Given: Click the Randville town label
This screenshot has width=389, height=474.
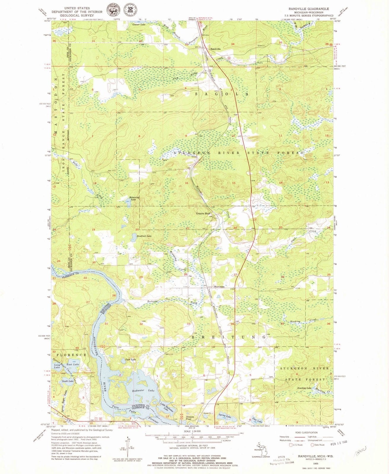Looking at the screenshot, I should click(x=216, y=49).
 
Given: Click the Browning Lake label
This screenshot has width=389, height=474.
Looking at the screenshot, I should click(x=133, y=198).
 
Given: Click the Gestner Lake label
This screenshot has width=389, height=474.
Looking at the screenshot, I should click(x=138, y=25).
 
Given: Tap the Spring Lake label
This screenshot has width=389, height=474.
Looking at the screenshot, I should click(x=224, y=416).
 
